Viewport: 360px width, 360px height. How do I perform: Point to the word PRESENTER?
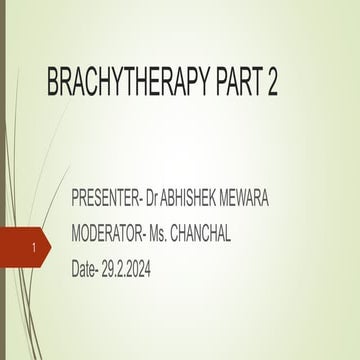(110, 200)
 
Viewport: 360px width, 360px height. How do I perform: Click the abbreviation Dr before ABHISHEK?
(165, 200)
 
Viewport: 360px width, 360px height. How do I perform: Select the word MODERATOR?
(111, 235)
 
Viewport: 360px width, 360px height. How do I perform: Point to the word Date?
(87, 270)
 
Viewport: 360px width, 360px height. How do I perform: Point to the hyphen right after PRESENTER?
(152, 201)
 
